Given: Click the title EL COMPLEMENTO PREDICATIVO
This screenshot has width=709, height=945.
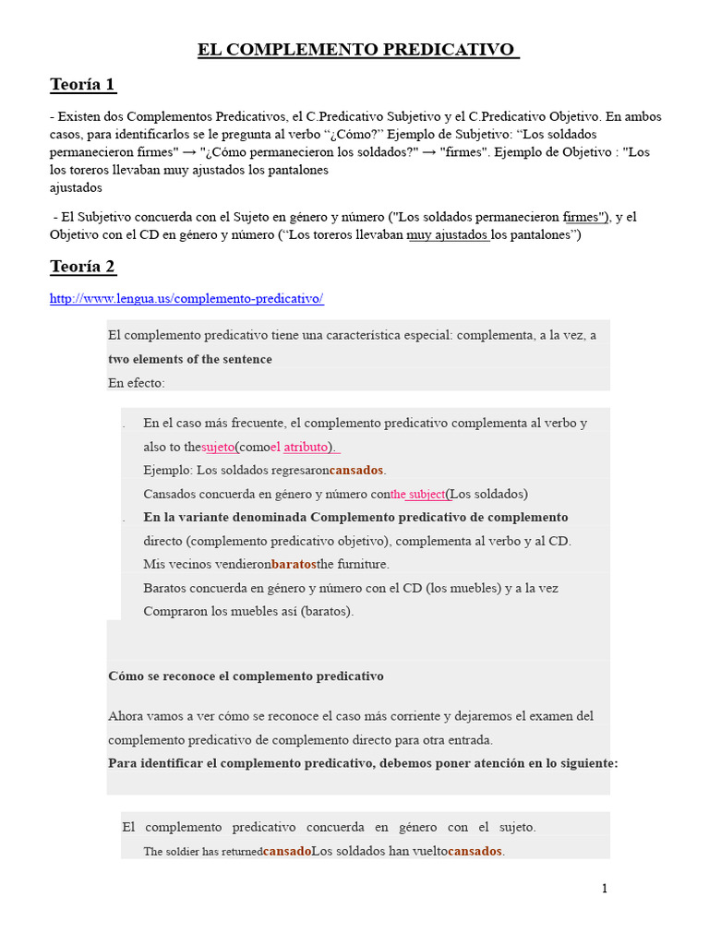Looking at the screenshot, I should coord(358,49).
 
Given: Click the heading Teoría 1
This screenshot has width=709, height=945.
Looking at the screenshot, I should coord(82,85).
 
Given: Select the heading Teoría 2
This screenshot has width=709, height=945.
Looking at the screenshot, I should coord(82,267).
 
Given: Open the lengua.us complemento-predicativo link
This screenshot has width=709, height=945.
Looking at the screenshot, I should coord(186,299).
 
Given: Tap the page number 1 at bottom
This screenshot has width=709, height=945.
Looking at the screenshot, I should coord(605,889).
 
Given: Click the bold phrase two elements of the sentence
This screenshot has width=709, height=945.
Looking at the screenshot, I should coord(190,359).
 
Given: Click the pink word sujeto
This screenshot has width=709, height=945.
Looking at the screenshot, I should coord(218,447).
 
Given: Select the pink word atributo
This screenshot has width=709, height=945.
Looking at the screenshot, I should coord(306,447).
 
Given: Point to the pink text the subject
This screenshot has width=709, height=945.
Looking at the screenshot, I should coord(417,494).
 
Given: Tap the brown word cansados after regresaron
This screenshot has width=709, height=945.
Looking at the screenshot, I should coord(356,471).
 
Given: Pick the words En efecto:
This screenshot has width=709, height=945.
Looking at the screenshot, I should coord(136,382).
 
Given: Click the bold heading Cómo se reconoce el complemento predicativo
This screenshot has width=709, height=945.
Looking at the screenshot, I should coord(246,676).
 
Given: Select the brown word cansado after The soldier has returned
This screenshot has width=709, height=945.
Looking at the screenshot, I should coord(286,851).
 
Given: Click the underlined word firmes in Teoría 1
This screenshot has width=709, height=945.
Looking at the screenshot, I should coord(583,217).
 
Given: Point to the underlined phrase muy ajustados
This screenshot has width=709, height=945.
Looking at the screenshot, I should coord(447,234).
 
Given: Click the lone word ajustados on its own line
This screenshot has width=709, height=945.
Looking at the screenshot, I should coord(76,187).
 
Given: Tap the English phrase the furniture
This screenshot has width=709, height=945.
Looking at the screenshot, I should coord(353,564).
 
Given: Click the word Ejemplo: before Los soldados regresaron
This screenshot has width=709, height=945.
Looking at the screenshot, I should coord(168,471).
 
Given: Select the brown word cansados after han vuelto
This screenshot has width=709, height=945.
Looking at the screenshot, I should coord(475,851).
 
